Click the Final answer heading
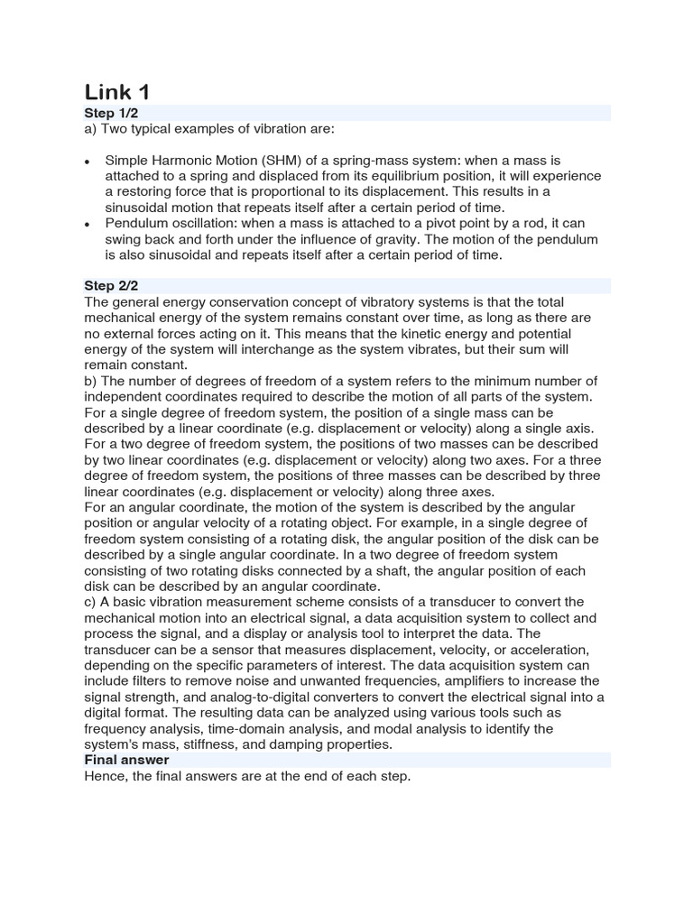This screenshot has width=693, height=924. coord(126,761)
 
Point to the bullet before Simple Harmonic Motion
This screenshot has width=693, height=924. coord(87,161)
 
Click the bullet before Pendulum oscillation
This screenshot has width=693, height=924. coord(87,223)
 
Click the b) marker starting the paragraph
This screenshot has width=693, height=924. coord(90,381)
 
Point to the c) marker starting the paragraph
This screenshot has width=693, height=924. coord(90,602)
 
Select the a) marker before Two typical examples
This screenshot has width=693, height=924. coord(90,128)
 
